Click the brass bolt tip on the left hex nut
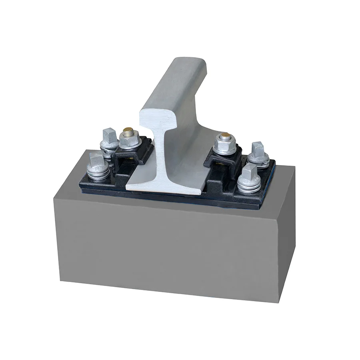[x=128, y=131]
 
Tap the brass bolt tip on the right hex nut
[x=225, y=135]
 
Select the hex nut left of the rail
[x=129, y=140]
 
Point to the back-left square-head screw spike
[x=108, y=135]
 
